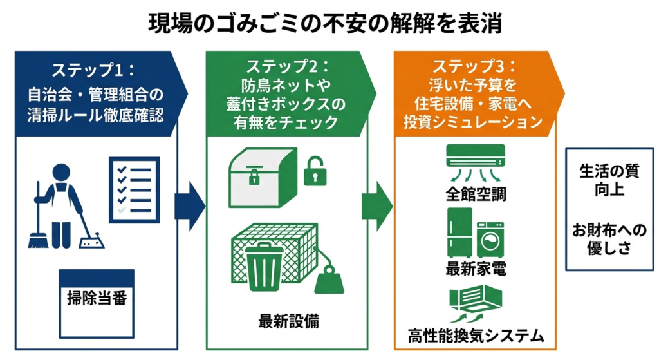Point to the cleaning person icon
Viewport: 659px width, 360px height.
point(59,205)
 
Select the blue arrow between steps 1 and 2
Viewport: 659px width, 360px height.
point(189,206)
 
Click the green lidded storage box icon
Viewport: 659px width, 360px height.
point(263,175)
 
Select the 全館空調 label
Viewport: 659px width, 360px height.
point(476,193)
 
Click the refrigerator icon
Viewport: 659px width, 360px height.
point(460,232)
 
